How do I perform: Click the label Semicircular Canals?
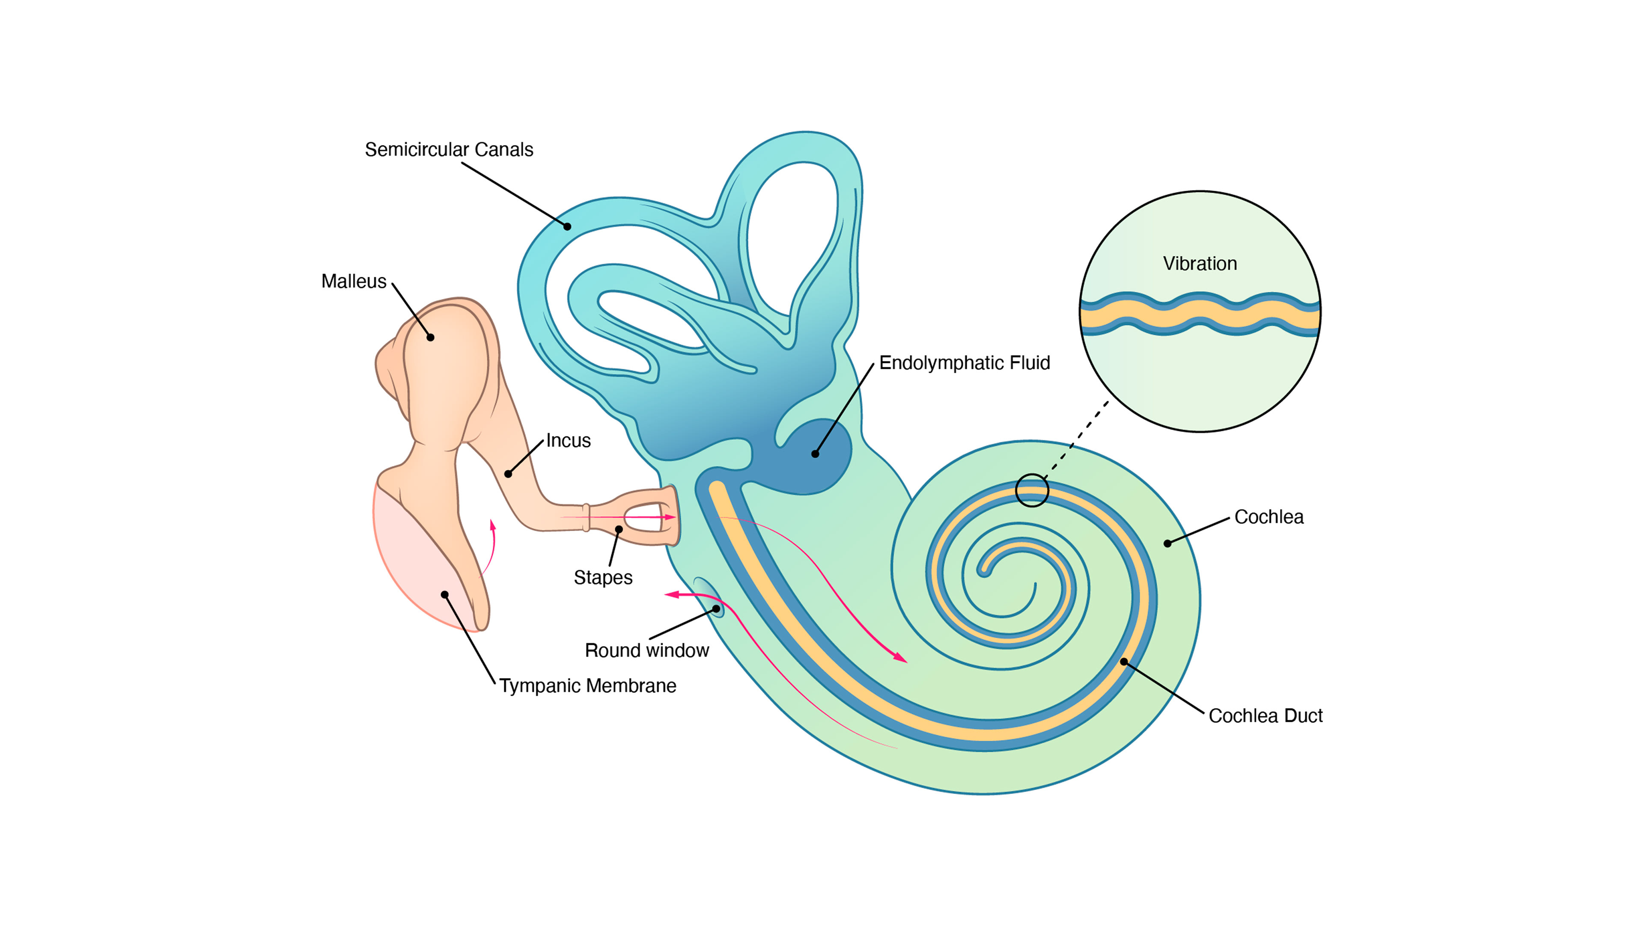pyautogui.click(x=449, y=149)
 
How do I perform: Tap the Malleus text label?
pyautogui.click(x=354, y=281)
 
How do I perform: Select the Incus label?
pyautogui.click(x=568, y=441)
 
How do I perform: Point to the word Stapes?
pyautogui.click(x=602, y=578)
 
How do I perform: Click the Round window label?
pyautogui.click(x=646, y=650)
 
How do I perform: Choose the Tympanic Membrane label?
pyautogui.click(x=587, y=686)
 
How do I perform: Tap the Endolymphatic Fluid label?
pyautogui.click(x=964, y=363)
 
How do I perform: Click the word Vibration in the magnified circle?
pyautogui.click(x=1200, y=264)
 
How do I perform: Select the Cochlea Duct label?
pyautogui.click(x=1266, y=715)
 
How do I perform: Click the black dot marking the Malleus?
pyautogui.click(x=431, y=337)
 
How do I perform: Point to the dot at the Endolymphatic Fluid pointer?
pyautogui.click(x=815, y=454)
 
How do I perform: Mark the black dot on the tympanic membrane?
pyautogui.click(x=445, y=594)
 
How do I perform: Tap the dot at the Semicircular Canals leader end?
pyautogui.click(x=567, y=226)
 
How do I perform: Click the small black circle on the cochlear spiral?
pyautogui.click(x=1032, y=490)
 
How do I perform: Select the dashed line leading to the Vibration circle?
pyautogui.click(x=1078, y=440)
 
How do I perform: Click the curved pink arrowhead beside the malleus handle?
pyautogui.click(x=493, y=525)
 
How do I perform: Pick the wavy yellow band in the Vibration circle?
pyautogui.click(x=1200, y=313)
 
